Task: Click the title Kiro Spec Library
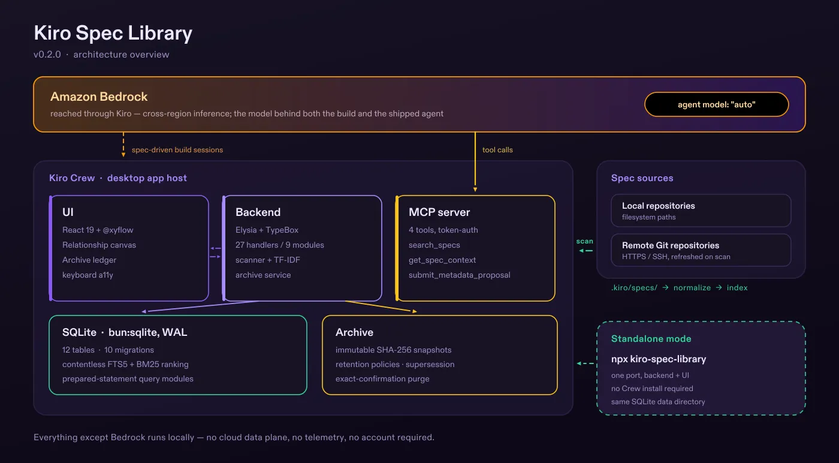(113, 34)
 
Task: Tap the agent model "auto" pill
(717, 104)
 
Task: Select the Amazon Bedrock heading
(99, 97)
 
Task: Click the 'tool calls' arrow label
(497, 149)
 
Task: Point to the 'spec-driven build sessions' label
(177, 149)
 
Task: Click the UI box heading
(68, 212)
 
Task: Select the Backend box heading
(258, 212)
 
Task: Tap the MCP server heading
(439, 212)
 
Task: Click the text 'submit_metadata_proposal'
(460, 275)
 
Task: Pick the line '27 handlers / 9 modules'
(280, 245)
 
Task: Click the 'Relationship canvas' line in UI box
(99, 245)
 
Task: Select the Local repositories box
(701, 211)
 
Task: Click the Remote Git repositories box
(701, 250)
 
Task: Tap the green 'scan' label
(585, 241)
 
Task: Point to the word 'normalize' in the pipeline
(692, 287)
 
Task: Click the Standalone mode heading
(651, 338)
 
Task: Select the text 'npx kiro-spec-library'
(659, 359)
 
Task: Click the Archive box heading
(354, 332)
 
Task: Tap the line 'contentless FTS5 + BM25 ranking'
(125, 364)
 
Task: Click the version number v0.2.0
(47, 55)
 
